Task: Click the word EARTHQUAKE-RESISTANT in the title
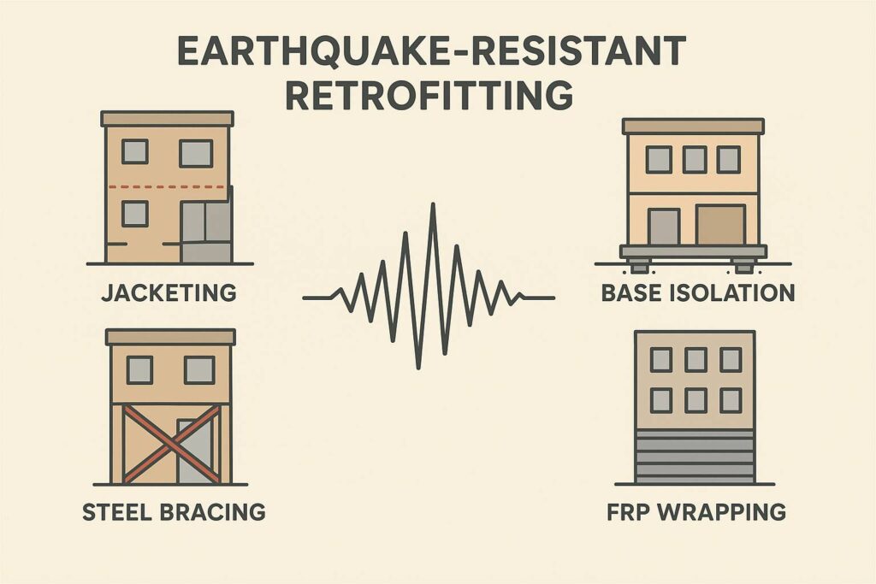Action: [430, 51]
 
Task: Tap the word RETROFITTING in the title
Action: [429, 95]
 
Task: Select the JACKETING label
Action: [169, 293]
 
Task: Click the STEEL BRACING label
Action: [174, 512]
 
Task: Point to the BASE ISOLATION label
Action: [698, 293]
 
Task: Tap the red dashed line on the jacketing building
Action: [168, 186]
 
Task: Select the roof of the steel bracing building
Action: [171, 337]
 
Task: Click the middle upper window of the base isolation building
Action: [694, 159]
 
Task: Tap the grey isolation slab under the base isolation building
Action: [694, 251]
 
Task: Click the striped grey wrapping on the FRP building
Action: [695, 457]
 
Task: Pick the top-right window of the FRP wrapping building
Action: [730, 359]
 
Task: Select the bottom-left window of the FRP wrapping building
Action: [660, 399]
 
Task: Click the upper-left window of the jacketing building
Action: [134, 152]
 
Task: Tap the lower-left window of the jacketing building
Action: [134, 213]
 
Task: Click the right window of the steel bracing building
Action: [199, 369]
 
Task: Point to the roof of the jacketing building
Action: [167, 119]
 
